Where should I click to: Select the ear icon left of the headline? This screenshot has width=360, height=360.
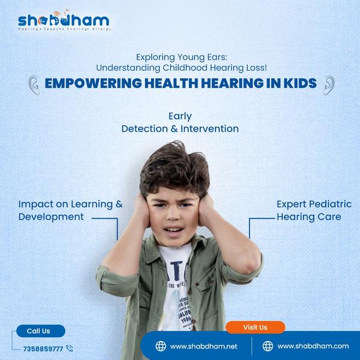(35, 85)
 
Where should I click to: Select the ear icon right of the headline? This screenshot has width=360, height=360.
(328, 85)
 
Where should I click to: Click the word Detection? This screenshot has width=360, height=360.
(148, 129)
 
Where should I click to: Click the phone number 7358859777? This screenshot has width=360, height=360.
(43, 349)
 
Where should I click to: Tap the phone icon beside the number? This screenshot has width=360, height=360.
(70, 348)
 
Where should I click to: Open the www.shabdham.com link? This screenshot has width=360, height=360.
(313, 346)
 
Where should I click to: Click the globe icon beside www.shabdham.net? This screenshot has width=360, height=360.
(161, 346)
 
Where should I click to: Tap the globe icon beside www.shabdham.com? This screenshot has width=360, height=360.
(268, 346)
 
